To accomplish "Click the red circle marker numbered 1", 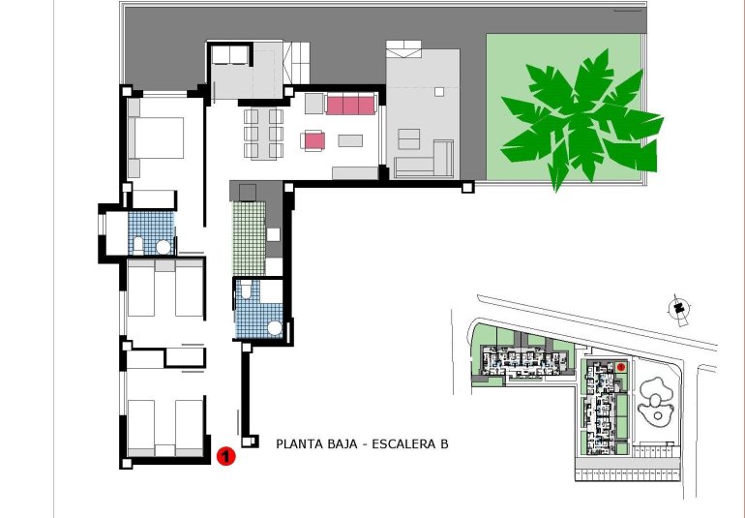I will [x=225, y=453].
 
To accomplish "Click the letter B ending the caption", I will [x=444, y=445].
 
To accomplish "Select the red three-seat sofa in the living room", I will [x=350, y=104].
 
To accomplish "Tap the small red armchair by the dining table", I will [x=313, y=141].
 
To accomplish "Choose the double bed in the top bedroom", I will [x=157, y=137].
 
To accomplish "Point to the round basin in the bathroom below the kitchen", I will [x=275, y=327].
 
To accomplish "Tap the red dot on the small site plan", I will [x=620, y=368].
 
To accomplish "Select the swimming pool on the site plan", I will [x=658, y=397].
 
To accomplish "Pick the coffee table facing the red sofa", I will [x=350, y=140].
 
